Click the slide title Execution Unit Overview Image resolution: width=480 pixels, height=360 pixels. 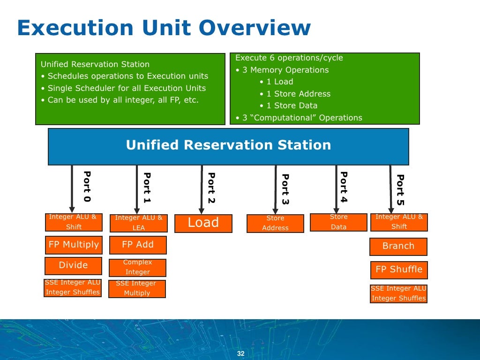click(x=164, y=28)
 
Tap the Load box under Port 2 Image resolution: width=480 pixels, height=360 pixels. click(x=203, y=223)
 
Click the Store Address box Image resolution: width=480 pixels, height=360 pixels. click(x=275, y=223)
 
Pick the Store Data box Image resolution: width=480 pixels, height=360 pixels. click(x=338, y=222)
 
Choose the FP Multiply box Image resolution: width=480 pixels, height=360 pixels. click(x=74, y=245)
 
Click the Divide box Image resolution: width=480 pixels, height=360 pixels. click(x=73, y=265)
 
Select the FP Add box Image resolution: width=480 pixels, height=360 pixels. click(x=137, y=245)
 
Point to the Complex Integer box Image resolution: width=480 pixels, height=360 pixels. click(x=137, y=267)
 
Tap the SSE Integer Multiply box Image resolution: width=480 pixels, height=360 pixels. click(x=137, y=288)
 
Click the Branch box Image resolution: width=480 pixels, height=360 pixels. click(x=398, y=246)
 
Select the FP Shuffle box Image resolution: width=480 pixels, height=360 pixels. click(x=399, y=270)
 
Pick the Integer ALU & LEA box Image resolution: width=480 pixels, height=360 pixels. click(x=139, y=223)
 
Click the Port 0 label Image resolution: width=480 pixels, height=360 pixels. click(x=87, y=187)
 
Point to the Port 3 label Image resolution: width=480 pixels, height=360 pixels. click(x=285, y=189)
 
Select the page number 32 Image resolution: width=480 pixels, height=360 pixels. click(x=241, y=353)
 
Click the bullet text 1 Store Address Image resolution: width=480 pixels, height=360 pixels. click(x=298, y=94)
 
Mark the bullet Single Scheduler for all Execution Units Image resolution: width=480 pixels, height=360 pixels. click(x=127, y=88)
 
